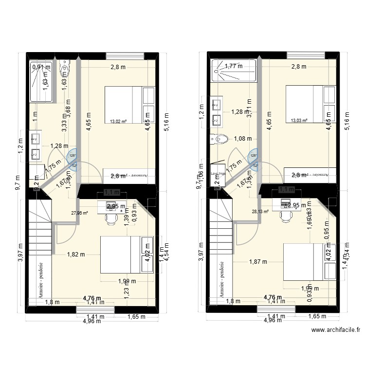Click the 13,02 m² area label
click(118, 122)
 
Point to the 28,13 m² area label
click(260, 212)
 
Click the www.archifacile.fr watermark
click(336, 329)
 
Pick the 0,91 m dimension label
click(41, 68)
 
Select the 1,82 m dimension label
click(76, 254)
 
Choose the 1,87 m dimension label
click(258, 261)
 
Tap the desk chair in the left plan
click(111, 219)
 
